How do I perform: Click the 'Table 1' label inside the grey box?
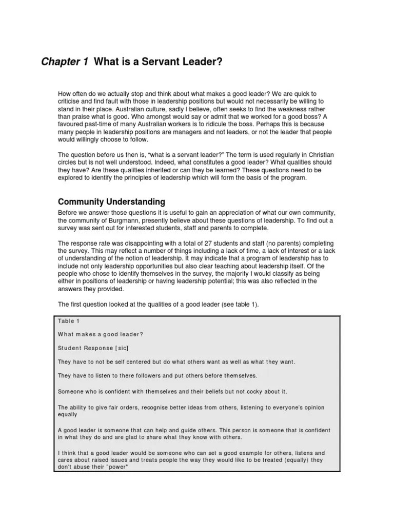(66, 321)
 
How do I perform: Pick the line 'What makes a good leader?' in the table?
(101, 334)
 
